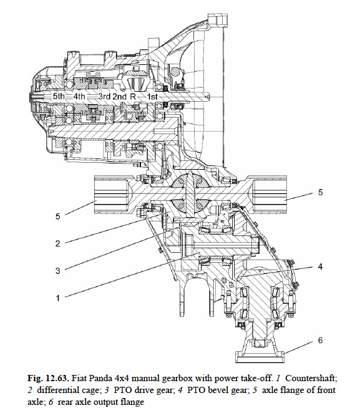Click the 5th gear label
click(59, 96)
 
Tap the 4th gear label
click(79, 96)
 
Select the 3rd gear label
click(104, 97)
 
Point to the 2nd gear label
click(119, 97)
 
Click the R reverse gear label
click(133, 97)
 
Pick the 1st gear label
click(152, 97)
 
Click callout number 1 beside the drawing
click(57, 298)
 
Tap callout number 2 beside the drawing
click(57, 243)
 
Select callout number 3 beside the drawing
click(57, 271)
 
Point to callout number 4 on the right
click(320, 266)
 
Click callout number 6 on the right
click(320, 340)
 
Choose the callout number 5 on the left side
click(57, 216)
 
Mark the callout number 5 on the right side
click(320, 192)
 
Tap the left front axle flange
click(112, 195)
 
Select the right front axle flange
click(269, 195)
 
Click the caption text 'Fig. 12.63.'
click(48, 379)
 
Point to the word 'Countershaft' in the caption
click(311, 379)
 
